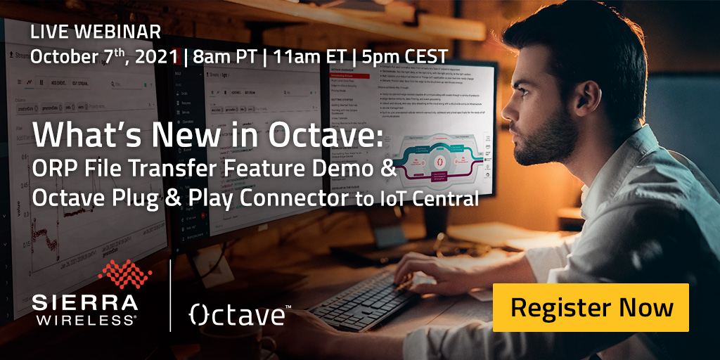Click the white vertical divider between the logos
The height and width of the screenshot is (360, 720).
pos(171,295)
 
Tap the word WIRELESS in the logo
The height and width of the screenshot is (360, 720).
pos(85,320)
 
